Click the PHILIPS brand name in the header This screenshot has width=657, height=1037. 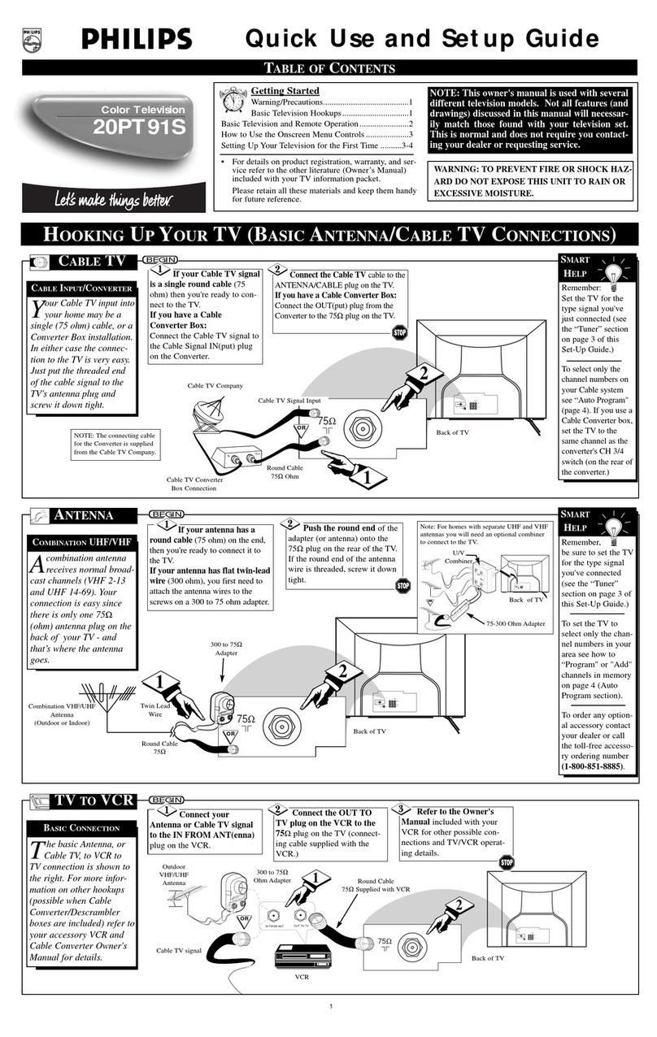pos(136,38)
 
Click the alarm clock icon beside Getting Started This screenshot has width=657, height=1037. pos(234,102)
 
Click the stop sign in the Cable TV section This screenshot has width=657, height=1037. pos(399,333)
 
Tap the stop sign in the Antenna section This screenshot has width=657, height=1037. pos(402,586)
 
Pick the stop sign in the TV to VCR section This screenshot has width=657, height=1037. pos(507,862)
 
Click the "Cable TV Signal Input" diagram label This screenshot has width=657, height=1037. pos(290,401)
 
